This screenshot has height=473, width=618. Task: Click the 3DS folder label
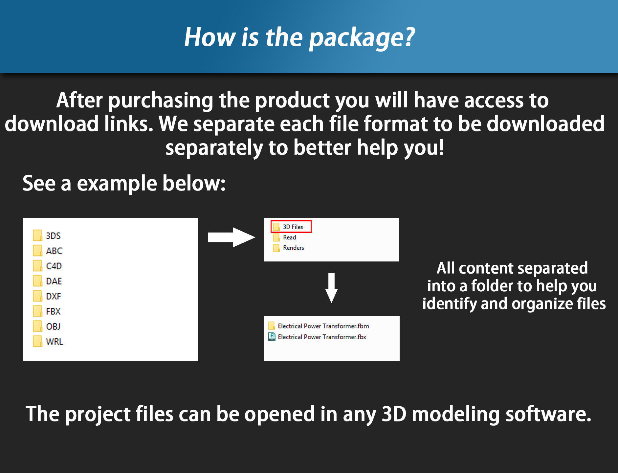tap(53, 236)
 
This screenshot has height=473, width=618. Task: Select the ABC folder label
tap(54, 251)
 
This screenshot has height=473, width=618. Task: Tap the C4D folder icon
tap(37, 266)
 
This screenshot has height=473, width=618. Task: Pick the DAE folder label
tap(54, 281)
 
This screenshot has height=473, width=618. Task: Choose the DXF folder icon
tap(37, 296)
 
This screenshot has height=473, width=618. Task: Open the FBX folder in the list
tap(47, 311)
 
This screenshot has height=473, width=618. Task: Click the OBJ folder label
tap(53, 327)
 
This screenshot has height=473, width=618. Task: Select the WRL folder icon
tap(37, 341)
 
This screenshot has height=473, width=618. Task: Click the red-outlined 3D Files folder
tap(291, 227)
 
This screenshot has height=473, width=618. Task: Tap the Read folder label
tap(289, 237)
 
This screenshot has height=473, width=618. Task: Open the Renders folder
tap(289, 248)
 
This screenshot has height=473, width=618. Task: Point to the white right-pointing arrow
tap(232, 237)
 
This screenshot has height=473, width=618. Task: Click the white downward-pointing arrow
tap(331, 288)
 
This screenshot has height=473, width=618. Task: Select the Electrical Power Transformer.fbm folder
tap(319, 326)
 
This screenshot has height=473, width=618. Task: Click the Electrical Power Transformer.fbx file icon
tap(272, 337)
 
